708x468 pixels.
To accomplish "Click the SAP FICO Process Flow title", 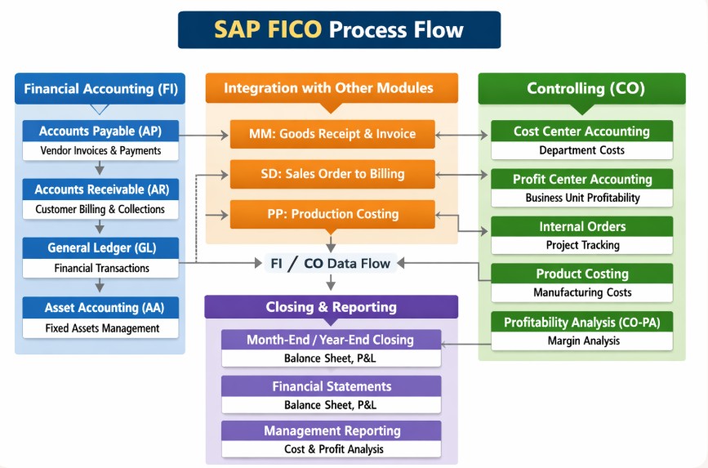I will click(339, 30).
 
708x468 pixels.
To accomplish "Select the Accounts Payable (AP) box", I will click(100, 131).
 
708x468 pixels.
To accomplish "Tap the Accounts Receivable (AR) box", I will click(100, 190).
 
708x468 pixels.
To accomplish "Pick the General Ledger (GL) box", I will click(100, 248).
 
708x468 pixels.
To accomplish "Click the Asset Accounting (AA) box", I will click(100, 308).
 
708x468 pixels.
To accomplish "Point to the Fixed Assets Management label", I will click(100, 328).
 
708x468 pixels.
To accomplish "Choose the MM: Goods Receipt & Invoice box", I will click(332, 134).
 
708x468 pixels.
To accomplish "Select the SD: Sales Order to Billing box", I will click(332, 174).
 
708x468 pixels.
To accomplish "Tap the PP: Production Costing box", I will click(332, 214).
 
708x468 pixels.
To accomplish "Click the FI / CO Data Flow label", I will click(332, 263).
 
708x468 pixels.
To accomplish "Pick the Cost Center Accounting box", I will click(581, 131).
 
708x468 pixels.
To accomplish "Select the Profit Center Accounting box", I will click(581, 180).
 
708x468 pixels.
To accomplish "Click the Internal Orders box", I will click(581, 227).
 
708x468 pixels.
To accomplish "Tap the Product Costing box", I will click(581, 274).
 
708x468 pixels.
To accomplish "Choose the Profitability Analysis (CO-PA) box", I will click(581, 323).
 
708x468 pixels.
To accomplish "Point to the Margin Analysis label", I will click(581, 341).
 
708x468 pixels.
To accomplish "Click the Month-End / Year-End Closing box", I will click(331, 340).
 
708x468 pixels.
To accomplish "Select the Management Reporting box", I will click(331, 430).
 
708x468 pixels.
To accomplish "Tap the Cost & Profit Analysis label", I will click(331, 448).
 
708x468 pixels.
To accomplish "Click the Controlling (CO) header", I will click(581, 88).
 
